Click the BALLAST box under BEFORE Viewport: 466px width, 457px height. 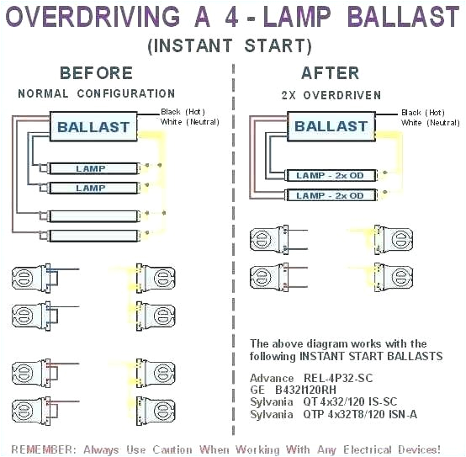(x=93, y=128)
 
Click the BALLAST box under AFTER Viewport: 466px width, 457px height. (x=331, y=127)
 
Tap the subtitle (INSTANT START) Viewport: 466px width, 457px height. (x=229, y=45)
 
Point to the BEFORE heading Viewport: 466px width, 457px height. (x=96, y=73)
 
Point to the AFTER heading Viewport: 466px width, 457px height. (x=331, y=73)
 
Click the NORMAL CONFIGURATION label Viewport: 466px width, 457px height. (x=96, y=93)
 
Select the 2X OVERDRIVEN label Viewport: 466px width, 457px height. (x=331, y=95)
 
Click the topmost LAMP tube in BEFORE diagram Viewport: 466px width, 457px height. (x=91, y=168)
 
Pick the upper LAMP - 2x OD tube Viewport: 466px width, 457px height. (x=331, y=175)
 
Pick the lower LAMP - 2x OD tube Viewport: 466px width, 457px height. (x=331, y=195)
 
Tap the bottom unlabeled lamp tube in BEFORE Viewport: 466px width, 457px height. (x=91, y=236)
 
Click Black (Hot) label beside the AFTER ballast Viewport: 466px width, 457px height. (x=423, y=112)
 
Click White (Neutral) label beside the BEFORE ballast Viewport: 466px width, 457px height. (x=185, y=123)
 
